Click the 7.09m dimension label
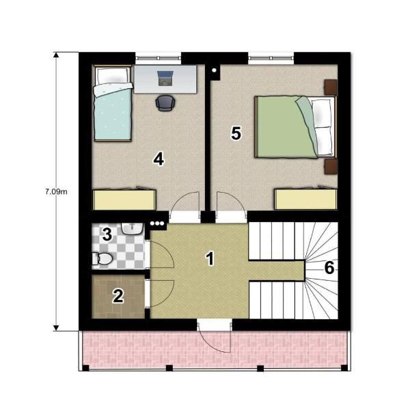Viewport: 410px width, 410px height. pyautogui.click(x=56, y=191)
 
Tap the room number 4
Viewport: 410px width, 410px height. pyautogui.click(x=159, y=159)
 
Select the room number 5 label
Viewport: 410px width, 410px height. pyautogui.click(x=236, y=133)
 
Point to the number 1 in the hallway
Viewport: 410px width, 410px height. pyautogui.click(x=210, y=258)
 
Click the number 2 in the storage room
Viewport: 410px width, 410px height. pyautogui.click(x=118, y=297)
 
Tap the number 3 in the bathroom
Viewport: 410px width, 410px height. pyautogui.click(x=107, y=234)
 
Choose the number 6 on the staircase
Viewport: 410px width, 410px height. pyautogui.click(x=329, y=267)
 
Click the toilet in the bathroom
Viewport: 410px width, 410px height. pyautogui.click(x=102, y=258)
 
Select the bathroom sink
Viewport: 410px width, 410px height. pyautogui.click(x=133, y=229)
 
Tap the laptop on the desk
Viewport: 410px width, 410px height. pyautogui.click(x=165, y=78)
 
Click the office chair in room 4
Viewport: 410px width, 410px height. pyautogui.click(x=165, y=103)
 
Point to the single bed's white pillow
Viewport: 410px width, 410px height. pyautogui.click(x=113, y=75)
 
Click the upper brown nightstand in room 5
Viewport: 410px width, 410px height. pyautogui.click(x=331, y=87)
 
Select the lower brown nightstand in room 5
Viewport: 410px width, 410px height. pyautogui.click(x=331, y=167)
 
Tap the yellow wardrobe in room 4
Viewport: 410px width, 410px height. pyautogui.click(x=124, y=200)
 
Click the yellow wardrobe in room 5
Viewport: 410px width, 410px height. pyautogui.click(x=305, y=200)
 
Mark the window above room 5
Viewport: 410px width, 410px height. pyautogui.click(x=271, y=59)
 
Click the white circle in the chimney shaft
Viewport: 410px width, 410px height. pyautogui.click(x=214, y=70)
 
